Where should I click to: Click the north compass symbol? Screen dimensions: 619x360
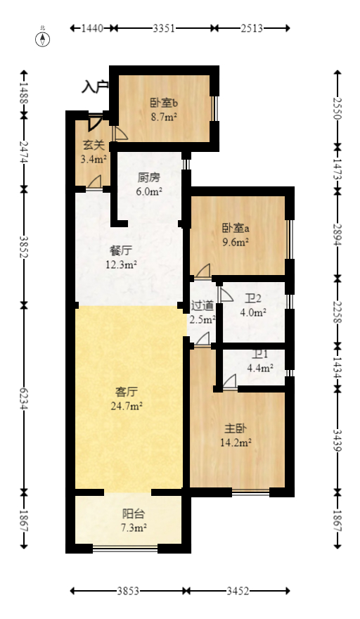tap(44, 38)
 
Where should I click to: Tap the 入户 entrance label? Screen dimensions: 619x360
tap(95, 87)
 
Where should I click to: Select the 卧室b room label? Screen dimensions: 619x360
tap(163, 103)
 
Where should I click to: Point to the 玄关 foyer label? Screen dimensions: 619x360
tap(94, 146)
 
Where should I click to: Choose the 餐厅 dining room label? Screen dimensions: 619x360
tap(120, 250)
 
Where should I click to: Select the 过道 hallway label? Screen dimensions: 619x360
tap(202, 306)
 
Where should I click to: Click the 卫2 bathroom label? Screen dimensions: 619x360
tap(253, 298)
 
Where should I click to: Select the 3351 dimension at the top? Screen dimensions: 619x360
tap(164, 28)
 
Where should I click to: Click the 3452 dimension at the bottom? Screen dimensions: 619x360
tap(238, 592)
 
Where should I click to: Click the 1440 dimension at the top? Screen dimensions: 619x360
tap(92, 28)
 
